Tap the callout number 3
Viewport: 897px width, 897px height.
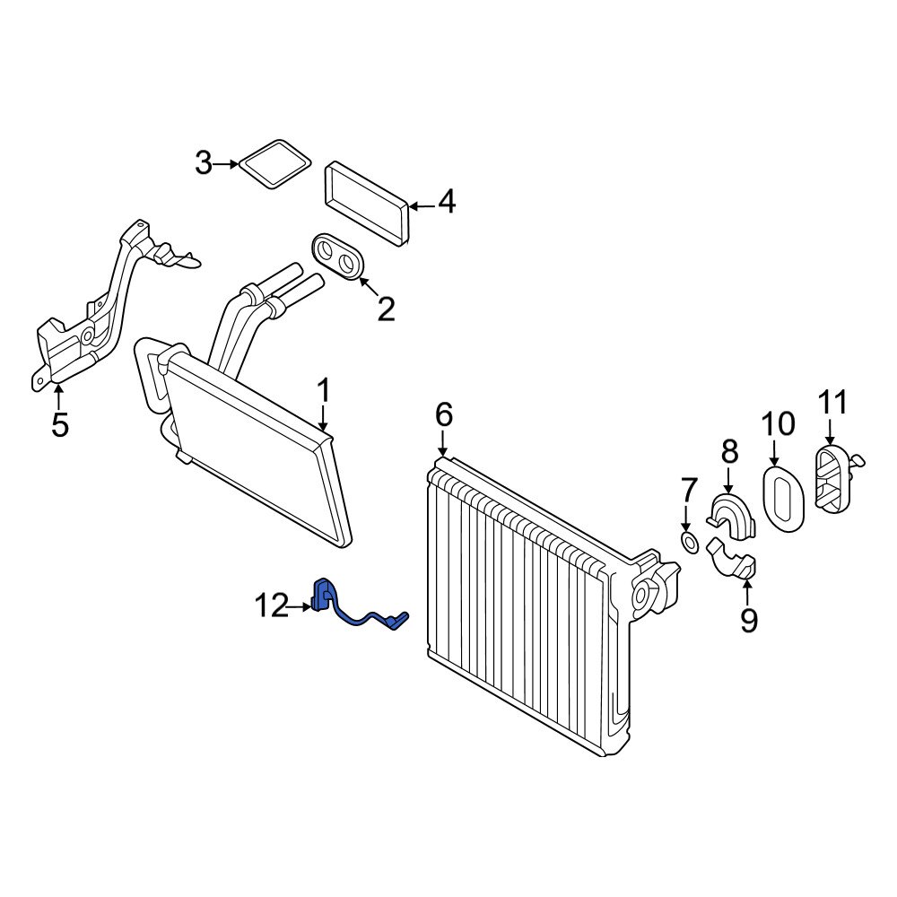[x=204, y=164]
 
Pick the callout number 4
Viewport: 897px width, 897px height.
[x=446, y=203]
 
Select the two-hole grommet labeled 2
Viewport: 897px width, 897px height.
[x=338, y=257]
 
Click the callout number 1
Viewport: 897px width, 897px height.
[x=324, y=391]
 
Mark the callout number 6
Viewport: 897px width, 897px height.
[x=444, y=415]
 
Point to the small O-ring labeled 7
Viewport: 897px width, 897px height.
[x=689, y=542]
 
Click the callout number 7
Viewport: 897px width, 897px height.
[x=688, y=491]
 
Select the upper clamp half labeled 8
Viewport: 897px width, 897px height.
[x=731, y=515]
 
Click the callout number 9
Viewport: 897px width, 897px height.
[x=749, y=619]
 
